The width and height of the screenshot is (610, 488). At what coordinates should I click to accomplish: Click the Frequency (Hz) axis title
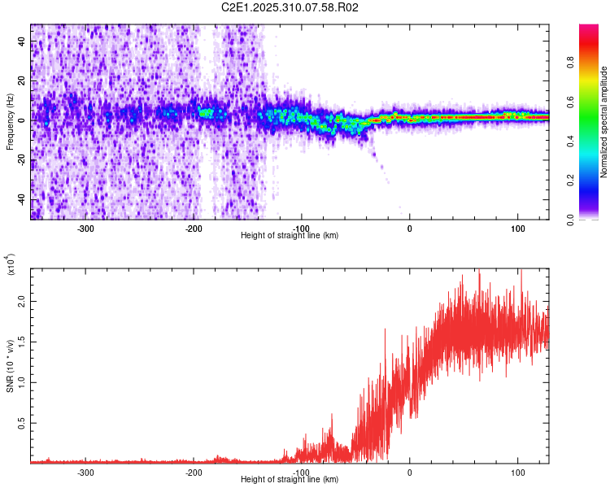click(10, 122)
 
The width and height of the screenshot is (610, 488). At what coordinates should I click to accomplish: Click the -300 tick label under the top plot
click(86, 228)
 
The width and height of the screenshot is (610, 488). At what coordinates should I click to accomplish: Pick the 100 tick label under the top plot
click(517, 228)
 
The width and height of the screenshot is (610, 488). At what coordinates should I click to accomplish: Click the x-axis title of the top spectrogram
click(290, 236)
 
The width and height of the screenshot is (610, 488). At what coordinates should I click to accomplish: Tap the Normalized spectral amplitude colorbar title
click(605, 122)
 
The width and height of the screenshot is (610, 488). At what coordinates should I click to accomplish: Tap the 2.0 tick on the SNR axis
click(21, 301)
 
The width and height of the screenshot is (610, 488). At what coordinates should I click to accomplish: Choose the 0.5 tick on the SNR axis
click(21, 423)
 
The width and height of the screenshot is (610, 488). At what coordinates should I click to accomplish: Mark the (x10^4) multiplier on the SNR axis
click(11, 264)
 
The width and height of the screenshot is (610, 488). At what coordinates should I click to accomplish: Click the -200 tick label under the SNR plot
click(194, 472)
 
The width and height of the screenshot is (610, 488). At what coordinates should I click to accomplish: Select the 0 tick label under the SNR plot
click(409, 472)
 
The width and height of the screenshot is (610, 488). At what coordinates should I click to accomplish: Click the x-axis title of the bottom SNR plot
click(290, 480)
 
